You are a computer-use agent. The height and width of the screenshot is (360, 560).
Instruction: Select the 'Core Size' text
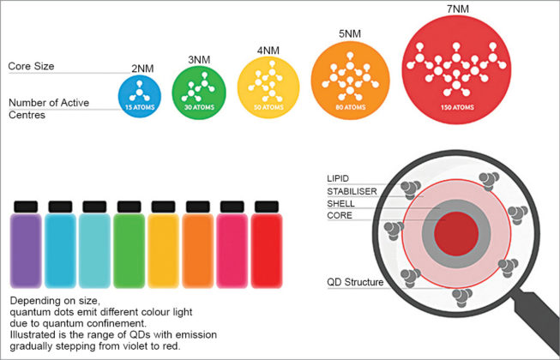(x=33, y=66)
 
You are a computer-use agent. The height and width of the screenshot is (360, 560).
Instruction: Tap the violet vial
(x=26, y=249)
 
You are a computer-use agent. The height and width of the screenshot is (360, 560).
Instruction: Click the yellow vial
(x=163, y=249)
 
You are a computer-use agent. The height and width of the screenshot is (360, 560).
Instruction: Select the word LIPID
(x=340, y=178)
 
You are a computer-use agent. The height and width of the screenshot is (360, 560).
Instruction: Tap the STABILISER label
(x=352, y=191)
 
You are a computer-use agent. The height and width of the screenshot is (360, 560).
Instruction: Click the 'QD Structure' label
(x=356, y=281)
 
